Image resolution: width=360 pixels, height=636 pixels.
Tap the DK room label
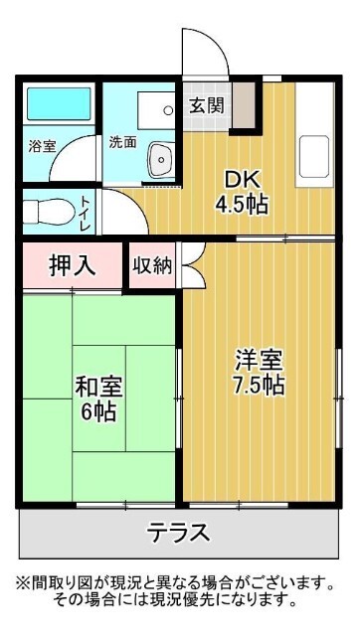tap(243, 181)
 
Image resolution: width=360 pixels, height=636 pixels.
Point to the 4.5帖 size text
tap(243, 207)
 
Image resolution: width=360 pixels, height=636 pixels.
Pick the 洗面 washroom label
tap(122, 141)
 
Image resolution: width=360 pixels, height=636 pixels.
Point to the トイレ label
tap(87, 212)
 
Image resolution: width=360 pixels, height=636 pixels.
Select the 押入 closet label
tap(72, 265)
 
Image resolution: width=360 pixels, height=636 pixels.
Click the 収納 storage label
tap(151, 265)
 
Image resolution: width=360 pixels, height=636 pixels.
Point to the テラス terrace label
tap(180, 533)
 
